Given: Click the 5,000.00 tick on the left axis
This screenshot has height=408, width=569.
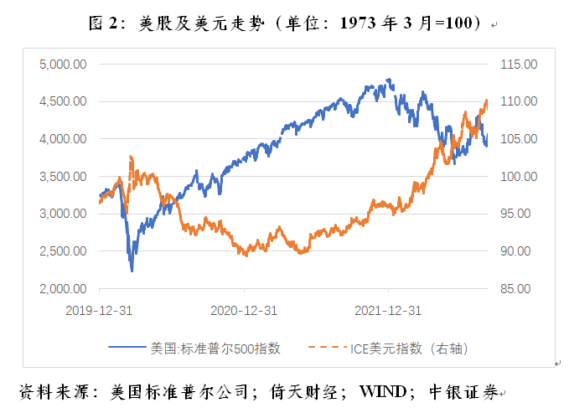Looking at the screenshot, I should coord(64,64).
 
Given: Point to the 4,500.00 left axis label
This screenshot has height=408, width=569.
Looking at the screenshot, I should coord(64,101).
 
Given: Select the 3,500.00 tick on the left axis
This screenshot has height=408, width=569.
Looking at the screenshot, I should coord(64,177).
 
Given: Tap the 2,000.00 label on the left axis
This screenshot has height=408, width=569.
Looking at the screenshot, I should coord(64,289).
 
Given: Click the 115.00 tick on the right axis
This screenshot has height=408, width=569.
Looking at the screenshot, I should coord(517,64).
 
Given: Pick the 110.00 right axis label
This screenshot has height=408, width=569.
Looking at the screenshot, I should coord(517,101).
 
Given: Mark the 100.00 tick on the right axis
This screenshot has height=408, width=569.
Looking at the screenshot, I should coord(517,177).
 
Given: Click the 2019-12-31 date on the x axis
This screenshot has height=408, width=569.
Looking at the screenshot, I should coord(100,310).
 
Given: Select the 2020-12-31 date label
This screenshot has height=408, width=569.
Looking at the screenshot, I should coord(244,310).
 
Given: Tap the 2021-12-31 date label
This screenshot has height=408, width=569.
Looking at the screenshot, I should coord(388,310).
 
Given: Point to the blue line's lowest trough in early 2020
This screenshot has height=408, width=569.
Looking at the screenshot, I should coord(132,271).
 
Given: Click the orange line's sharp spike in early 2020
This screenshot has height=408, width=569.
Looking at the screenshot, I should coord(131,157).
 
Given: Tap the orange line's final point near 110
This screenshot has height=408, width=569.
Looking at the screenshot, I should coord(487,101).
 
